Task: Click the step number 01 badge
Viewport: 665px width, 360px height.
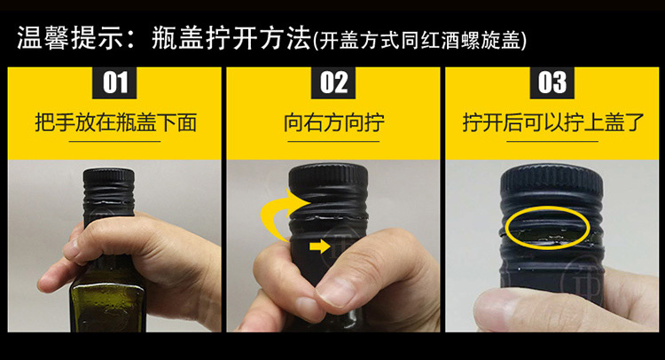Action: (x=114, y=82)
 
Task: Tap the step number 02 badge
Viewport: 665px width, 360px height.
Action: (x=333, y=82)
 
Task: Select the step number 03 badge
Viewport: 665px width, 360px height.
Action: (x=552, y=82)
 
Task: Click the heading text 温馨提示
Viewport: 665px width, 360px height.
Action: (x=70, y=38)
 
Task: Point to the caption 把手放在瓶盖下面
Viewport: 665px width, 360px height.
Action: (x=116, y=122)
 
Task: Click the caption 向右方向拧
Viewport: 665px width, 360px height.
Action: (x=334, y=122)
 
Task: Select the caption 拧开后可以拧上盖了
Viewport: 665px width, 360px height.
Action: (x=553, y=122)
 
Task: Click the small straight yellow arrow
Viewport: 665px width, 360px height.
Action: (x=320, y=246)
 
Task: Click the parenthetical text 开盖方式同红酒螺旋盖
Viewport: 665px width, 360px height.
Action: (x=420, y=41)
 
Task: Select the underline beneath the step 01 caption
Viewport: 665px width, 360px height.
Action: (x=115, y=141)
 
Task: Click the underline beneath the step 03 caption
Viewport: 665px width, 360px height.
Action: (x=552, y=141)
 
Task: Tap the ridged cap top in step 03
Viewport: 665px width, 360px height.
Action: (x=552, y=179)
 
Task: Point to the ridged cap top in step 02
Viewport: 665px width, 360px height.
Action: (x=328, y=175)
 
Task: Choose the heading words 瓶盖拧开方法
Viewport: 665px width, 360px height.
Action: (x=231, y=38)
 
